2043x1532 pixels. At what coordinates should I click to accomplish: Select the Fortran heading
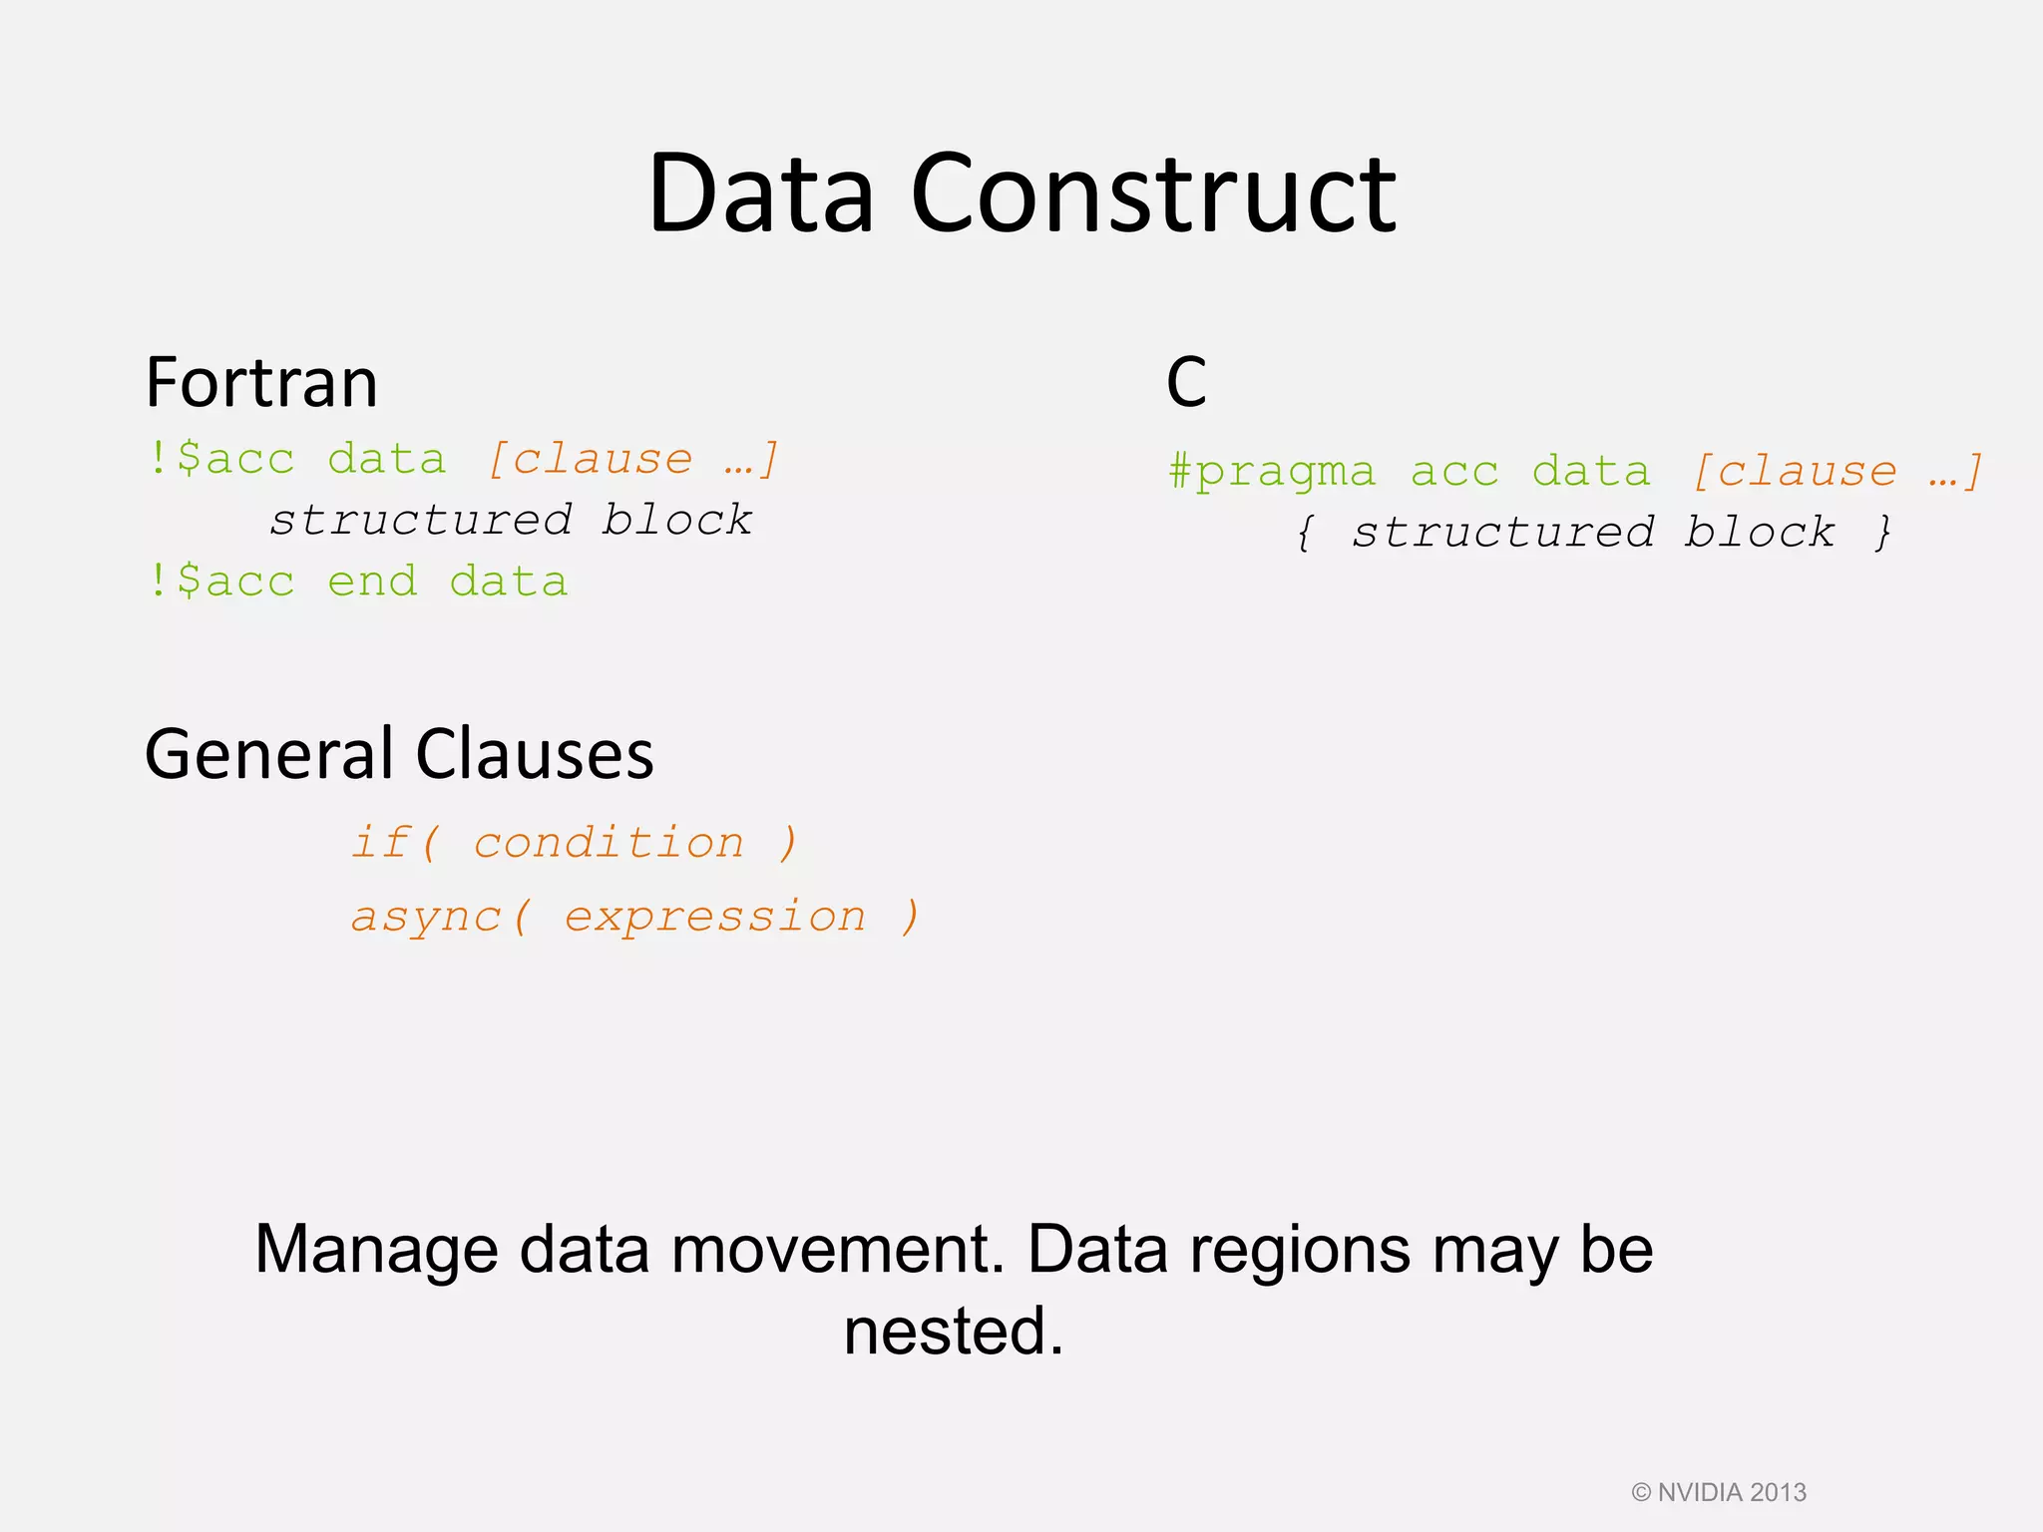coord(261,383)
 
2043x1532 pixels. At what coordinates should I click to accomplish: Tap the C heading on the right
coord(1186,383)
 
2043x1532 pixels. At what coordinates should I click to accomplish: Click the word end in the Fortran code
coord(372,581)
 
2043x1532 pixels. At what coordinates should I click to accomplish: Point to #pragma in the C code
coord(1272,471)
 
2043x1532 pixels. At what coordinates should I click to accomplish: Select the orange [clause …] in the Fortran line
coord(632,459)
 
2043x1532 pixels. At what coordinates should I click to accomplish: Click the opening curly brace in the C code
coord(1305,532)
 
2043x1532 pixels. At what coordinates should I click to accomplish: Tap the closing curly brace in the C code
coord(1882,532)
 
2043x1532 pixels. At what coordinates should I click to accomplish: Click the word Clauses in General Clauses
coord(534,754)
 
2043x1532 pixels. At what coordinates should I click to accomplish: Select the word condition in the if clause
coord(609,843)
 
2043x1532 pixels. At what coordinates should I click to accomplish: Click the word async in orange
coord(426,917)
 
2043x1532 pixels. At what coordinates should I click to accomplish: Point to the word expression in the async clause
coord(715,917)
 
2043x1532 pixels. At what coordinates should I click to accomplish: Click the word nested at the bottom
coord(953,1332)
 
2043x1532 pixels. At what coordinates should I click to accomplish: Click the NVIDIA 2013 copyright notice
coord(1718,1492)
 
